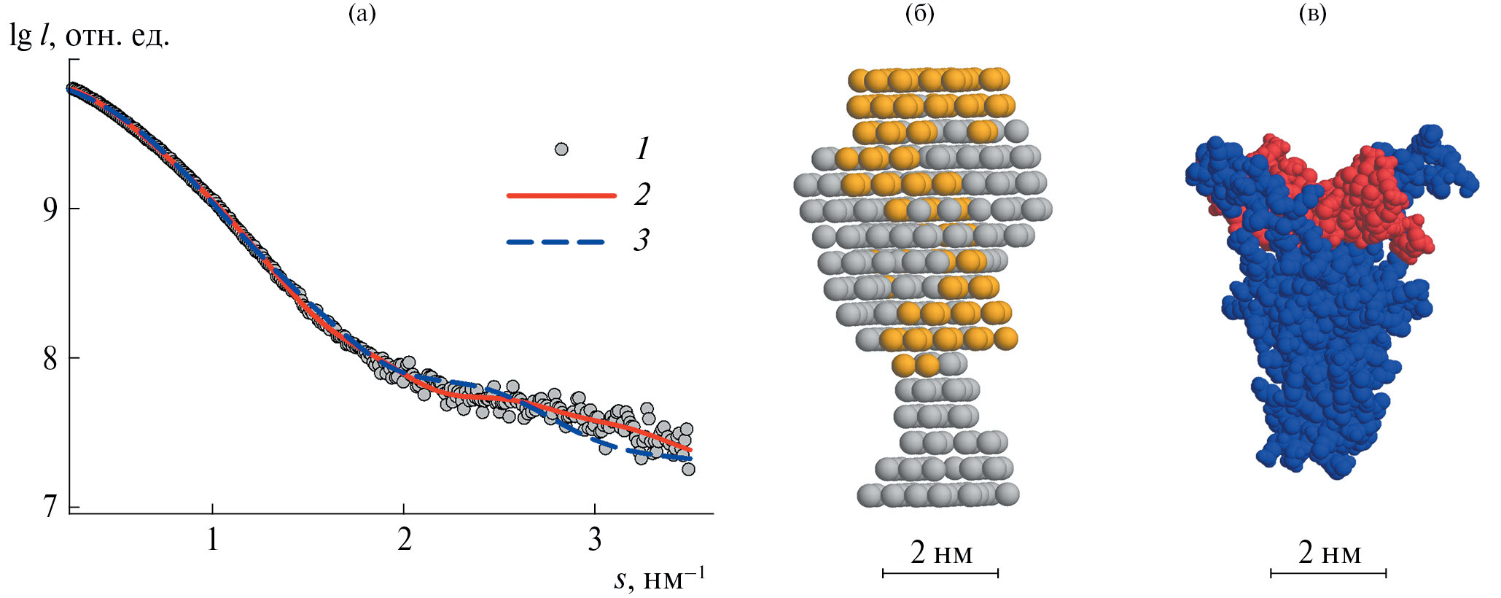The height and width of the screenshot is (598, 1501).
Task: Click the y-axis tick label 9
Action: [50, 210]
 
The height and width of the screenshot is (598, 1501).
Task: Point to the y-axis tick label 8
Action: [50, 359]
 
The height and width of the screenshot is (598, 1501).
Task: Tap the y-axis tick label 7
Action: [50, 506]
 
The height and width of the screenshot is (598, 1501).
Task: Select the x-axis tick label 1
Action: [212, 540]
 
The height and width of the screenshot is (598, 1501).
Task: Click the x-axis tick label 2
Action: [404, 540]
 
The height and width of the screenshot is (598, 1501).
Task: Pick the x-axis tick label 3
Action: [595, 540]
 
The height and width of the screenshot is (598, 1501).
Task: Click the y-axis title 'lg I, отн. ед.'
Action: [89, 35]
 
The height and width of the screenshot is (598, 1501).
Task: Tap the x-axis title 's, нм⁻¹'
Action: [659, 579]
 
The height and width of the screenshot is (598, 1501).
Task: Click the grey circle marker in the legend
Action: [561, 149]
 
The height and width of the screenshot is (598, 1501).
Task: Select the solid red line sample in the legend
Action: [561, 195]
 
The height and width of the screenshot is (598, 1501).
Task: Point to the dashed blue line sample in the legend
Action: [555, 241]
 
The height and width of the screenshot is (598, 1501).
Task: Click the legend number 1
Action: [642, 149]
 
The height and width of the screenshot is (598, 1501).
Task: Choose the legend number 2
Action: [642, 195]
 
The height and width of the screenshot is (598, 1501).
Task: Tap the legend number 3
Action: [642, 240]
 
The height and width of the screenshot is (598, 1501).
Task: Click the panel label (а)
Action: [362, 13]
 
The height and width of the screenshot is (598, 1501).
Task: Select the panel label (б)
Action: [920, 13]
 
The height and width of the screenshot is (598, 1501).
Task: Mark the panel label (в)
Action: [1313, 13]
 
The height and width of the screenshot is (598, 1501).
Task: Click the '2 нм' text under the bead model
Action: [941, 554]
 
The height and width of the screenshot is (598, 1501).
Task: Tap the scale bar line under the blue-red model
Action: [1328, 574]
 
